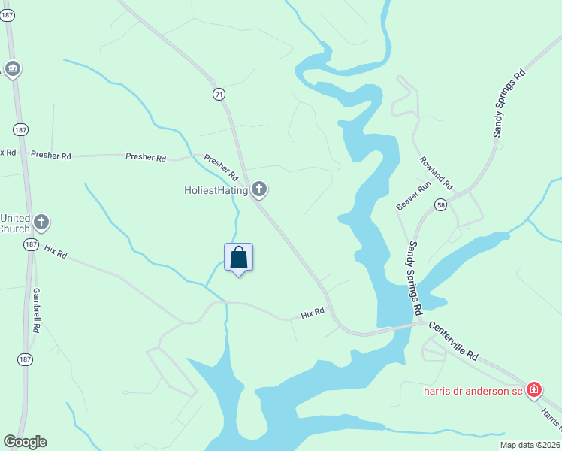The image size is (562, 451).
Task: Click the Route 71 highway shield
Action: click(219, 94)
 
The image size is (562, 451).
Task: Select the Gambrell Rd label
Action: click(36, 310)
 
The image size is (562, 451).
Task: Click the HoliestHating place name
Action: click(216, 190)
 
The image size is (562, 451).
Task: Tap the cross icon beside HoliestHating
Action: click(259, 189)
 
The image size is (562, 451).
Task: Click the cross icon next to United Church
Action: click(42, 222)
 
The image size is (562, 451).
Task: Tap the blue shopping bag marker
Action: click(239, 258)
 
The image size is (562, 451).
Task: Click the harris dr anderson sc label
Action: click(473, 390)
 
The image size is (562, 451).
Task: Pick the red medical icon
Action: click(533, 389)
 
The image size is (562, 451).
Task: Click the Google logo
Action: click(25, 442)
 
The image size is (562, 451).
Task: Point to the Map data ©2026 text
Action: click(530, 445)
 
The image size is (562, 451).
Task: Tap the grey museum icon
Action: click(12, 69)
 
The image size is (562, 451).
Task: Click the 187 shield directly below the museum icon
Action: click(21, 129)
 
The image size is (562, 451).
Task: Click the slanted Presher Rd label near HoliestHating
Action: click(221, 168)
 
